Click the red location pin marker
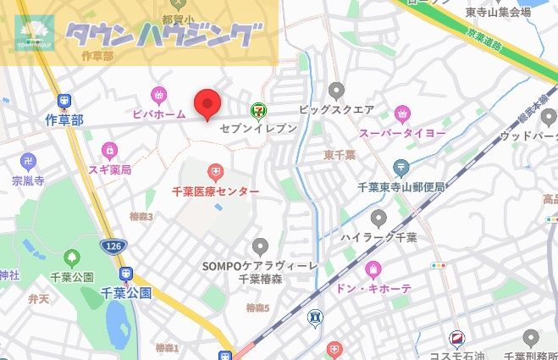(207, 104)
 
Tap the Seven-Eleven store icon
(257, 109)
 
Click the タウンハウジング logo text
(160, 35)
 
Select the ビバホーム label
(159, 114)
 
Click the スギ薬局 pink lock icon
(108, 150)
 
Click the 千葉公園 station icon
(126, 274)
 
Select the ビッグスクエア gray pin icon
(337, 90)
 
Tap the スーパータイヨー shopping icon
(402, 113)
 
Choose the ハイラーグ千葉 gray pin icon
(378, 219)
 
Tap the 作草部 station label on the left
(64, 120)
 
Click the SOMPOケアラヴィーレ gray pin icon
(260, 246)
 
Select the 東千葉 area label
(340, 156)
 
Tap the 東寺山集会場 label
(499, 12)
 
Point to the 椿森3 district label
(141, 217)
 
